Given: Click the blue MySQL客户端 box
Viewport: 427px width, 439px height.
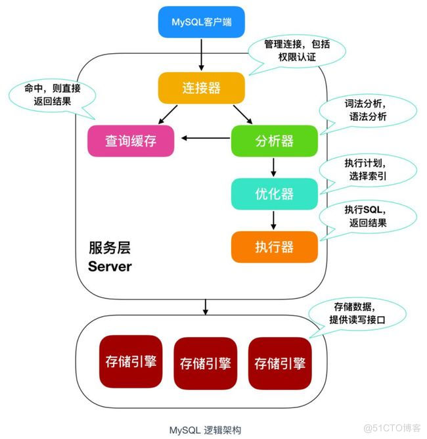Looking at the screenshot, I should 202,23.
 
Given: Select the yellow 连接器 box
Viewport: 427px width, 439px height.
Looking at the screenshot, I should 202,87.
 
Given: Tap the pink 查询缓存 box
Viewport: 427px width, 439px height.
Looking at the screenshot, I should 131,141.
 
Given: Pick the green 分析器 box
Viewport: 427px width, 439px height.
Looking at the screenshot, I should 274,141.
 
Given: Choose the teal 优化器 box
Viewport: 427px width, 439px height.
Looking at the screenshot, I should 274,194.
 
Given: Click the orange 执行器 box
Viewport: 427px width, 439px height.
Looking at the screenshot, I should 274,246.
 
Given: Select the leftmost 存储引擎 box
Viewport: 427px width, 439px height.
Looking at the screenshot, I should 131,361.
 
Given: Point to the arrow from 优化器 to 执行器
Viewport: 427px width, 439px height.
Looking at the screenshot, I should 274,219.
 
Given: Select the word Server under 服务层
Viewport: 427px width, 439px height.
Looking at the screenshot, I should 110,267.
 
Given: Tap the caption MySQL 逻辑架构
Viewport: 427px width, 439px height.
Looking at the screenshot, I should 205,429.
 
